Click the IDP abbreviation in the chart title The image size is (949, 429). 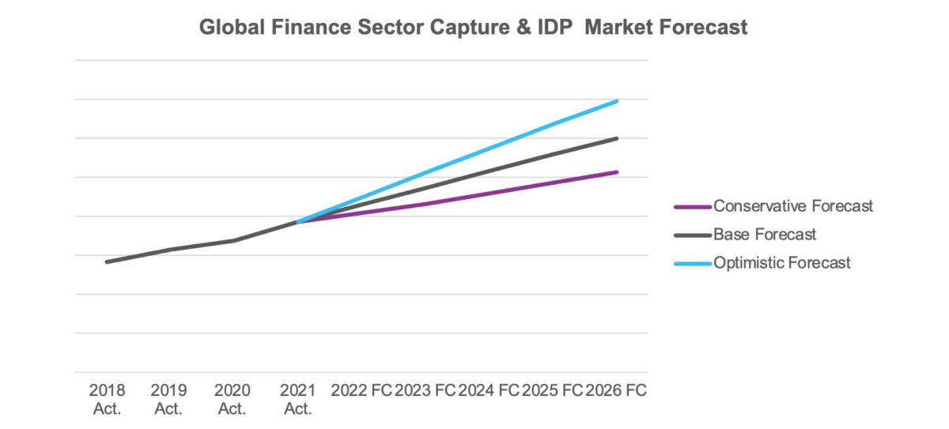(x=558, y=28)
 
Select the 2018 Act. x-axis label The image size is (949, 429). (x=107, y=399)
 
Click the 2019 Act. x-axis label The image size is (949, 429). (x=169, y=399)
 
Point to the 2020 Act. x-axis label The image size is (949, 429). (x=233, y=399)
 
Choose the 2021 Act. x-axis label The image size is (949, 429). (x=297, y=399)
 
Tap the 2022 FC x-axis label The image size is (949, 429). (x=361, y=390)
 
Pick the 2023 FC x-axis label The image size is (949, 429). (x=425, y=390)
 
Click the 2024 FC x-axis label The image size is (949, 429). (x=489, y=390)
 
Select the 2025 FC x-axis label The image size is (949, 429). (x=552, y=390)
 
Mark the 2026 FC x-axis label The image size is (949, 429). (x=616, y=390)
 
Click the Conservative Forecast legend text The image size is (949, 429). (x=793, y=206)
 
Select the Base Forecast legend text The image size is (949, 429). (x=765, y=235)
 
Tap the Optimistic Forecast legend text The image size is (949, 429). (x=782, y=263)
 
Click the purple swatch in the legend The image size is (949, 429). (x=693, y=207)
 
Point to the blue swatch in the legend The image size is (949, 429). (x=693, y=264)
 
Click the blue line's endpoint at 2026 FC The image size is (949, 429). (x=617, y=101)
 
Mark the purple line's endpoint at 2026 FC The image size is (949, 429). (x=617, y=172)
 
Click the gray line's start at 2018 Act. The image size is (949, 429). (x=107, y=262)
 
